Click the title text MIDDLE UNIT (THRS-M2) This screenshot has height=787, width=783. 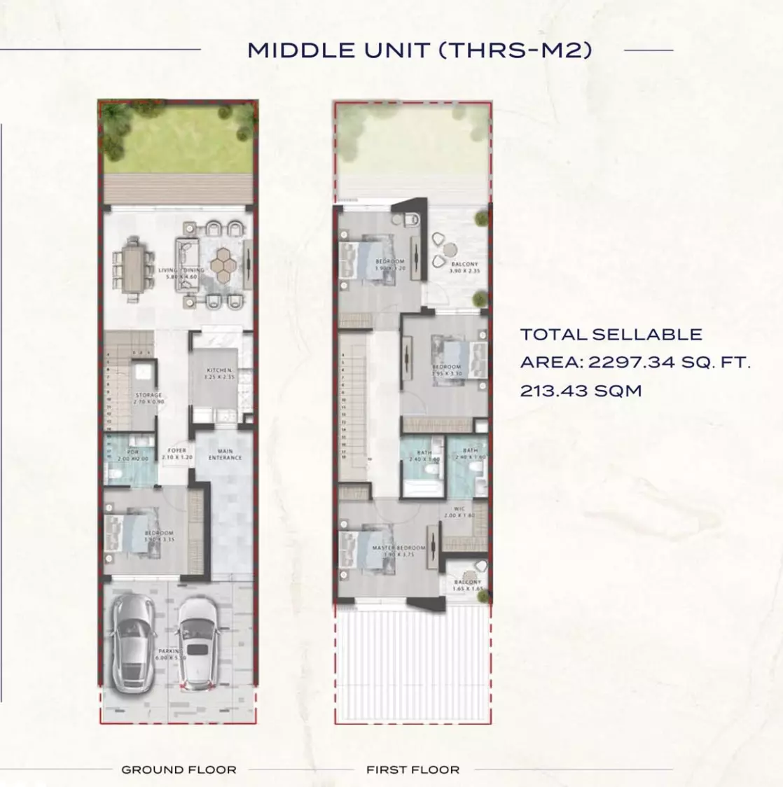[420, 50]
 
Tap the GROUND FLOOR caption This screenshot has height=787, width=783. [179, 769]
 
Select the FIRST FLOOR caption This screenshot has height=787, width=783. [413, 769]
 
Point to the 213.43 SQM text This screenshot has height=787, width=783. [581, 391]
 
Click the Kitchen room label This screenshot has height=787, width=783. [219, 373]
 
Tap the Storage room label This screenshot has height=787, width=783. [148, 398]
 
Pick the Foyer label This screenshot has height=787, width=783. [176, 454]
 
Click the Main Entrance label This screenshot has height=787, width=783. [225, 454]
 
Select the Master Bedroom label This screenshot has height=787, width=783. [399, 550]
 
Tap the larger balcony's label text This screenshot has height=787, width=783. [464, 267]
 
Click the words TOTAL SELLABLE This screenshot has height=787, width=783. [611, 335]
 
